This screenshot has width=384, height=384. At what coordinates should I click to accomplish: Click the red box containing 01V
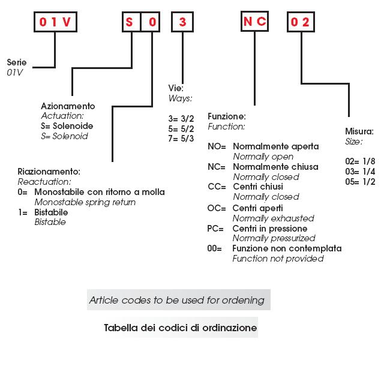pyautogui.click(x=56, y=22)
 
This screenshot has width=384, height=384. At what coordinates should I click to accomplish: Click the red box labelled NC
pyautogui.click(x=254, y=22)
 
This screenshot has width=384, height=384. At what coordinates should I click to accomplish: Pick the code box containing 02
pyautogui.click(x=300, y=22)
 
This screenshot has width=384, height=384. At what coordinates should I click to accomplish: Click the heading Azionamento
pyautogui.click(x=68, y=106)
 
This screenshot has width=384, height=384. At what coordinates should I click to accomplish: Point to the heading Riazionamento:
pyautogui.click(x=49, y=172)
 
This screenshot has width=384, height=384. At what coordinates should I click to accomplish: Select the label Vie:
pyautogui.click(x=176, y=88)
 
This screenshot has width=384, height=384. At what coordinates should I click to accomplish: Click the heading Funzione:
pyautogui.click(x=226, y=116)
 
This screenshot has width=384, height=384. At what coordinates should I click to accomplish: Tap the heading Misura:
pyautogui.click(x=359, y=131)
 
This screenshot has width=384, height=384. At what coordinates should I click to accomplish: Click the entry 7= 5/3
pyautogui.click(x=181, y=138)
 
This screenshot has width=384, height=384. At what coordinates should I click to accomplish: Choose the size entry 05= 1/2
pyautogui.click(x=360, y=182)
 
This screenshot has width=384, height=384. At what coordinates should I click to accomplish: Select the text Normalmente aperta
pyautogui.click(x=275, y=146)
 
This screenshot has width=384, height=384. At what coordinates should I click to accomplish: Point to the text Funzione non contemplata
pyautogui.click(x=287, y=248)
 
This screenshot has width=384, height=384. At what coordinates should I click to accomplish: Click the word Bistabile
pyautogui.click(x=51, y=212)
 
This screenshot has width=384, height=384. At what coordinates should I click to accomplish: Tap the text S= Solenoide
pyautogui.click(x=67, y=126)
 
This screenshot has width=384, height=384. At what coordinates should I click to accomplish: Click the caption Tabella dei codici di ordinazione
pyautogui.click(x=180, y=328)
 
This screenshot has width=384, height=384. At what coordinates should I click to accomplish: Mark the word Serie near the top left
pyautogui.click(x=17, y=62)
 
